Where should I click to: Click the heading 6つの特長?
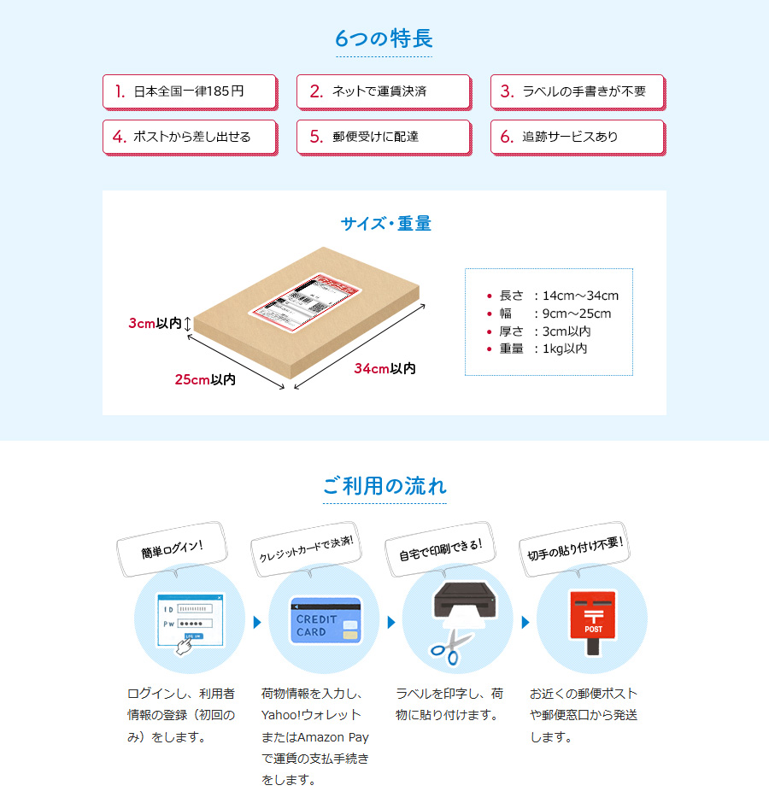pos(384,38)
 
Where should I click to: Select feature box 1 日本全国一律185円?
pos(190,91)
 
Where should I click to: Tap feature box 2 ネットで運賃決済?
pos(384,91)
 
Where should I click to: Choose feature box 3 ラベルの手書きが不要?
pos(578,91)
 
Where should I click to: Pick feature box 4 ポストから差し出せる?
pos(190,137)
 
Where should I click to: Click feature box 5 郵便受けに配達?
pos(384,137)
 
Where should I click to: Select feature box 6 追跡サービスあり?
pos(578,137)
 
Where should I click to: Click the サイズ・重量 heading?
pos(385,224)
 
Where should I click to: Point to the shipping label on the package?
pos(302,298)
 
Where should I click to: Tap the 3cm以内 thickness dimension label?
pos(155,324)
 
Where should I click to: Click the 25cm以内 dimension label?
pos(205,379)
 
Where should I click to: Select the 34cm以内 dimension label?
pos(384,368)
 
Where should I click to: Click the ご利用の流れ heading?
pos(384,487)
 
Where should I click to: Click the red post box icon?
pos(593,622)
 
